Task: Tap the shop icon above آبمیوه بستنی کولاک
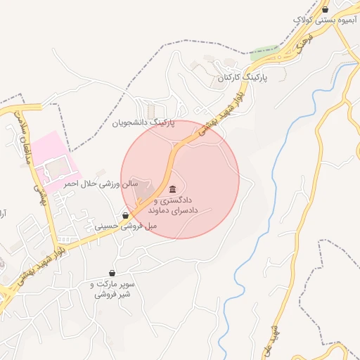325,9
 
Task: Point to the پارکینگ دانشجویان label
141,122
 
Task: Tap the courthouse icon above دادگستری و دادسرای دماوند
173,188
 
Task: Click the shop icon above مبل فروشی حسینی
125,215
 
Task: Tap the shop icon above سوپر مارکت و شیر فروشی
112,273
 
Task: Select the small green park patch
264,51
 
